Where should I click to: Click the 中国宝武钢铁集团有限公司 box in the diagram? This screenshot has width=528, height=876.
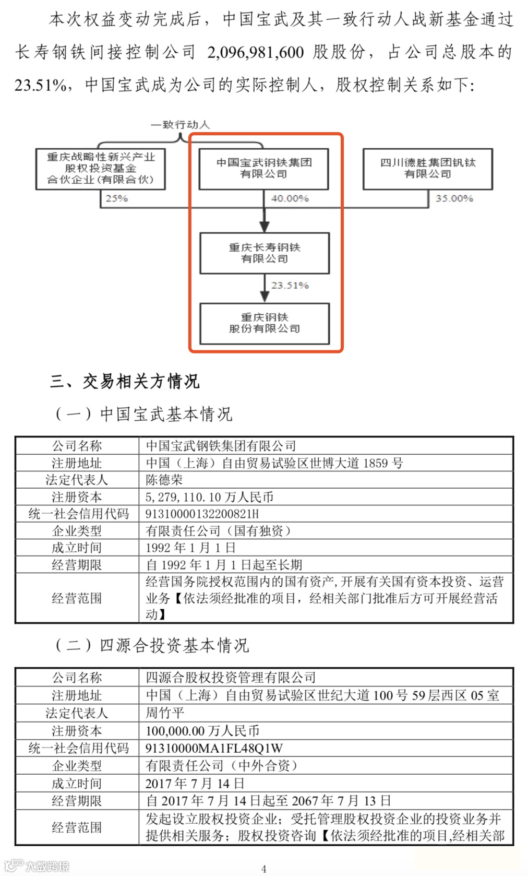tap(264, 168)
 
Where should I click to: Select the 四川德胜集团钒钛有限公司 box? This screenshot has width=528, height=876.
tap(428, 168)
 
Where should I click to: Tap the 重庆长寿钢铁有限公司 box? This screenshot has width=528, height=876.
tap(265, 253)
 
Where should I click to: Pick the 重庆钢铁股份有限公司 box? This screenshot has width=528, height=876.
tap(265, 323)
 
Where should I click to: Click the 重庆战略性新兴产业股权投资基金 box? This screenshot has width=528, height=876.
tap(101, 168)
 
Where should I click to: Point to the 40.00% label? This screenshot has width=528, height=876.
tap(290, 198)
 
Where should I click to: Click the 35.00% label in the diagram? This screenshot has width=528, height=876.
tap(454, 198)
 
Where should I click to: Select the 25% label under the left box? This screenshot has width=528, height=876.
tap(116, 198)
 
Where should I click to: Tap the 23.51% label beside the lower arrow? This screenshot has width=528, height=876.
tap(290, 286)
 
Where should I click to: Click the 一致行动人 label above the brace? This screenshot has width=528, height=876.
tap(180, 125)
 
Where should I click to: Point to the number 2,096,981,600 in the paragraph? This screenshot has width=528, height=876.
tap(256, 52)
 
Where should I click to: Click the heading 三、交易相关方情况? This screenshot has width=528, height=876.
tap(125, 382)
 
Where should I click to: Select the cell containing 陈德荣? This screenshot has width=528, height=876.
tap(164, 480)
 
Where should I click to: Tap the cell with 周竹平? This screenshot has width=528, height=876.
tap(164, 713)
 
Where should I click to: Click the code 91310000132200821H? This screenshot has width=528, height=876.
tap(202, 514)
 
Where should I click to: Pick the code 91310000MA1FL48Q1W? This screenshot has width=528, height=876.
tap(214, 748)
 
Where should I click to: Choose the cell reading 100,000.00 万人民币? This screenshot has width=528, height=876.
tap(202, 731)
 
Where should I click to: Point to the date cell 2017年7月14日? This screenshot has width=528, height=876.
tap(195, 784)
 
